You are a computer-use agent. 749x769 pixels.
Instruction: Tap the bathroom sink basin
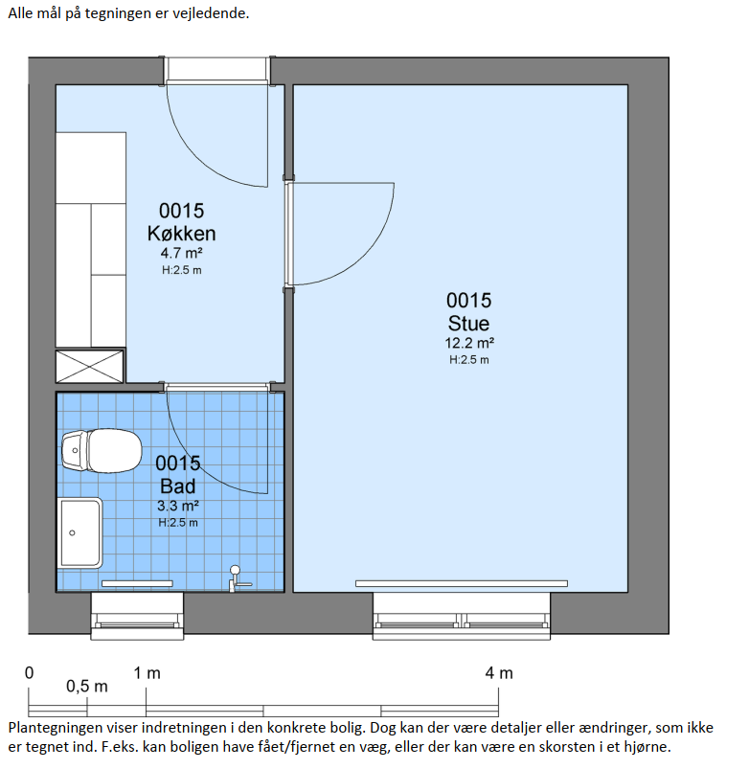[x=79, y=533]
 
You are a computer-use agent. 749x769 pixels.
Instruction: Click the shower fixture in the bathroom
[x=238, y=578]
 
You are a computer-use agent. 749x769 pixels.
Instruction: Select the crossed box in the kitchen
[x=90, y=366]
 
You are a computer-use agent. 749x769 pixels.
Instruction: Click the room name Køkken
[x=181, y=234]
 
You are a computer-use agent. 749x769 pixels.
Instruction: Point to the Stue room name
[x=468, y=323]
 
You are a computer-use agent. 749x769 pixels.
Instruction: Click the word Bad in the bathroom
[x=177, y=486]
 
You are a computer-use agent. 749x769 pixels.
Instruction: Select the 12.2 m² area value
[x=469, y=343]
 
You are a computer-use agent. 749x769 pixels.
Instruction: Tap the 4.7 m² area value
[x=181, y=253]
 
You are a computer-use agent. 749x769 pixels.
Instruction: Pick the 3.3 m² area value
[x=177, y=506]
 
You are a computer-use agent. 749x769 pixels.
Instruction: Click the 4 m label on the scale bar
[x=499, y=673]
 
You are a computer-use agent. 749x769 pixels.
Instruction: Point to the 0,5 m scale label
[x=87, y=686]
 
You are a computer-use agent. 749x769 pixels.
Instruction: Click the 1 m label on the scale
[x=148, y=673]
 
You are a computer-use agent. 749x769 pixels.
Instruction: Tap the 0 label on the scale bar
[x=30, y=673]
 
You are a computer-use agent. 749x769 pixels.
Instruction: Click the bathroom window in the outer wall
[x=137, y=617]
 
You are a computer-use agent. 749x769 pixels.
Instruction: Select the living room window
[x=462, y=617]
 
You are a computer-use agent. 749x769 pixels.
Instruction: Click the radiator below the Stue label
[x=462, y=583]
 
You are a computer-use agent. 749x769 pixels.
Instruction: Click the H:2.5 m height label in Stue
[x=469, y=360]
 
